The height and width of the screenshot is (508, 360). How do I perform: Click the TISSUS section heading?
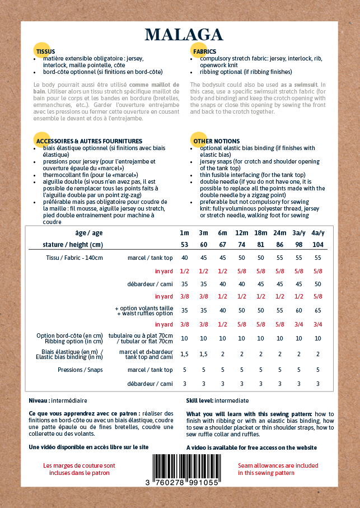[x=45, y=51]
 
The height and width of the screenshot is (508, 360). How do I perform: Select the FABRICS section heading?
[x=204, y=51]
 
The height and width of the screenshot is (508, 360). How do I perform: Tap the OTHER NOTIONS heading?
[x=216, y=141]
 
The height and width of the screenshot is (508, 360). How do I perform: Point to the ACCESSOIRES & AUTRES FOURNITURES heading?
[x=89, y=141]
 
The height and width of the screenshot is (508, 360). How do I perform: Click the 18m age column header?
[x=261, y=233]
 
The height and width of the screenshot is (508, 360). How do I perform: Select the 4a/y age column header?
[x=317, y=233]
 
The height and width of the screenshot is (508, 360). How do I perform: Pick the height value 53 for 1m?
[x=185, y=245]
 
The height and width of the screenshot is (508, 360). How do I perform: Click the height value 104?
[x=317, y=245]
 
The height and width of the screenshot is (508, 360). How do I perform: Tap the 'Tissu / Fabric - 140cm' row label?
[x=74, y=258]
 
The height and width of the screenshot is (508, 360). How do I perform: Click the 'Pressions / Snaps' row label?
[x=80, y=370]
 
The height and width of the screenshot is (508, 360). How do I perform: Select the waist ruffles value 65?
[x=318, y=310]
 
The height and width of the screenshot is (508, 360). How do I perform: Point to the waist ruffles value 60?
[x=299, y=310]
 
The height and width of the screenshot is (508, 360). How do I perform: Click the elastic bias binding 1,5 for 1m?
[x=185, y=354]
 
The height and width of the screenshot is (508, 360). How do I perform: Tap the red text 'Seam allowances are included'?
[x=278, y=465]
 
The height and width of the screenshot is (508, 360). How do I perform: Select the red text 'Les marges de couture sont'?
[x=79, y=465]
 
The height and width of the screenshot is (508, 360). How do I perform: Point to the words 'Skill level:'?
[x=200, y=400]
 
